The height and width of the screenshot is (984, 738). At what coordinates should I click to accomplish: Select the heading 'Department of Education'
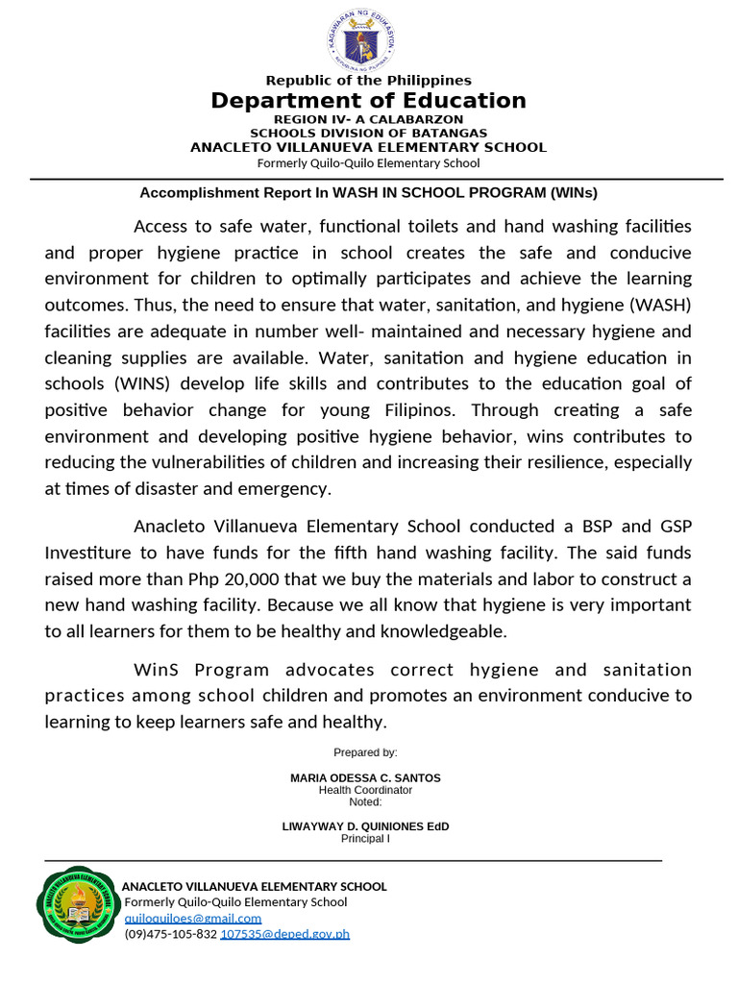(368, 101)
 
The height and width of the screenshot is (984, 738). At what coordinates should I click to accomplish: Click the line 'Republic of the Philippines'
(368, 80)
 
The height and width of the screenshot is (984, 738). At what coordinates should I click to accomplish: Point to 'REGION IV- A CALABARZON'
(368, 119)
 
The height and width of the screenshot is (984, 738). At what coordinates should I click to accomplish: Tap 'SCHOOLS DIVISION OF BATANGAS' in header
(368, 133)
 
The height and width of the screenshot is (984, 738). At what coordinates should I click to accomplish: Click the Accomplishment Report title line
(368, 192)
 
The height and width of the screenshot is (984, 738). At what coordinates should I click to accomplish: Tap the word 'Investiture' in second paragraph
(88, 553)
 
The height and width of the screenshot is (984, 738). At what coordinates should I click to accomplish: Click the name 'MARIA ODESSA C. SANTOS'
(365, 777)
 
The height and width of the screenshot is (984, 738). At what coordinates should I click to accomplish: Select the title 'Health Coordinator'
(365, 790)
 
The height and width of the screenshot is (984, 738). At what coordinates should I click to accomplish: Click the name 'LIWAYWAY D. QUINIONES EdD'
(365, 826)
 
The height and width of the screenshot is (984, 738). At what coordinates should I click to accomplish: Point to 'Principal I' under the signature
(365, 839)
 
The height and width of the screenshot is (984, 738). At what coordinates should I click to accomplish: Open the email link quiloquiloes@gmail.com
(193, 918)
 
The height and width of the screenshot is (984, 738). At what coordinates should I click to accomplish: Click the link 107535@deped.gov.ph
(284, 933)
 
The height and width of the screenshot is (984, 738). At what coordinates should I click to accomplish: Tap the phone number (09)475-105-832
(171, 933)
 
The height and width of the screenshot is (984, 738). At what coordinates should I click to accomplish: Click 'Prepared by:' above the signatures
(365, 752)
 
